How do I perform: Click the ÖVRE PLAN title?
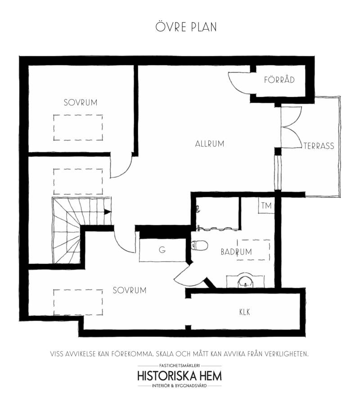click(x=186, y=27)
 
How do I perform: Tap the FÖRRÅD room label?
click(x=279, y=79)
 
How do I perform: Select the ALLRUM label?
click(x=210, y=144)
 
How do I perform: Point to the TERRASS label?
click(x=319, y=146)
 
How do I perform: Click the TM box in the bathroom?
click(x=266, y=205)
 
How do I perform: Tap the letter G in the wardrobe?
click(x=162, y=250)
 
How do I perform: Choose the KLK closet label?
click(x=245, y=312)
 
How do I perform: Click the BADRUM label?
click(x=236, y=252)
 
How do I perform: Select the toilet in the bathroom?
click(x=200, y=245)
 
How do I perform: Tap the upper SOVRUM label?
click(x=81, y=102)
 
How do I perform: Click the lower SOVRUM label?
click(x=130, y=290)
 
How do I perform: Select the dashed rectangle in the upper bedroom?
click(x=78, y=115)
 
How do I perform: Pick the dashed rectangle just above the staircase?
click(x=78, y=169)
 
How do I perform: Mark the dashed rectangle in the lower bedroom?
click(x=78, y=290)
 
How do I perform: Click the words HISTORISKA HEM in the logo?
click(x=180, y=376)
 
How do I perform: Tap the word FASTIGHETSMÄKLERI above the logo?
click(x=180, y=366)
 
